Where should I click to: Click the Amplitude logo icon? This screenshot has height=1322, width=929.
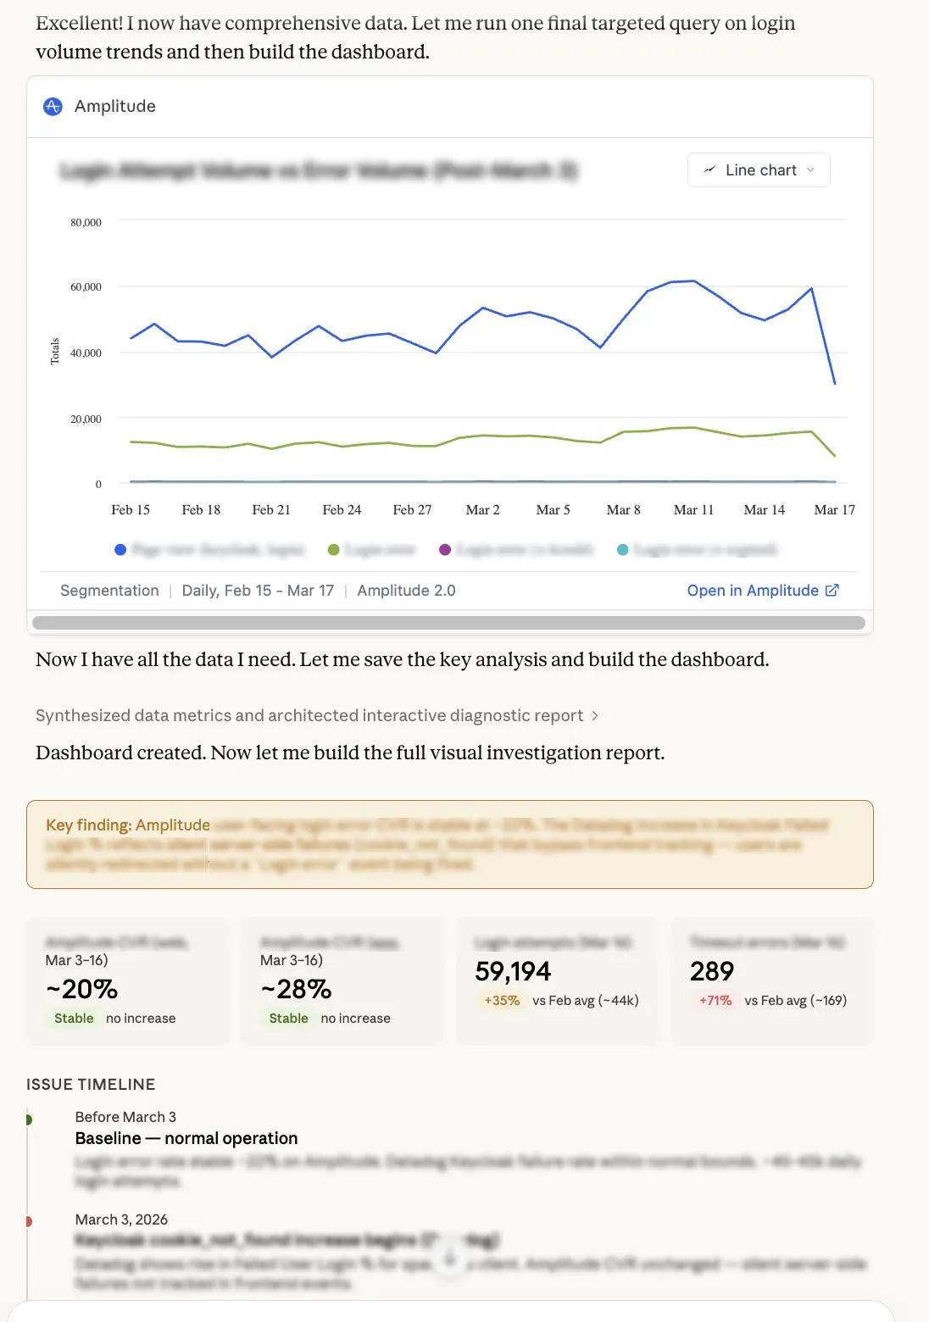[x=53, y=106]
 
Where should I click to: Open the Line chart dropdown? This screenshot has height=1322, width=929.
[x=759, y=170]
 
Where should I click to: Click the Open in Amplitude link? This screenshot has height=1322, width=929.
[x=762, y=591]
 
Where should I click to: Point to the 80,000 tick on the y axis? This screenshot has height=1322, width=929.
[x=86, y=223]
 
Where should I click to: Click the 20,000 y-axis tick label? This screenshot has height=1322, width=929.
[x=86, y=419]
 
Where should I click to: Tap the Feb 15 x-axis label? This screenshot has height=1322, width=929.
[x=131, y=510]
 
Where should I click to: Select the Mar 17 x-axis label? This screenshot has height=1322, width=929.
[x=834, y=510]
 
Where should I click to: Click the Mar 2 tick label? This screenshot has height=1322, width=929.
[x=482, y=510]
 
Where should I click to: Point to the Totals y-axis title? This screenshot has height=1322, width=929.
[x=55, y=352]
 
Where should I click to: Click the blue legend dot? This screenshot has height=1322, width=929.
[x=120, y=550]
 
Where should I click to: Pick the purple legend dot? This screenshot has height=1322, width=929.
[x=445, y=550]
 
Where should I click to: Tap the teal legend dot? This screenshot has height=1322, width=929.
[x=623, y=550]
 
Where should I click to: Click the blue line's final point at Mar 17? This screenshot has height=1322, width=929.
[x=835, y=383]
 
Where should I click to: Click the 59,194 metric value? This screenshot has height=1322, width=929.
[x=513, y=971]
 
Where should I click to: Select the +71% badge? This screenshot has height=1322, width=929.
[x=715, y=1001]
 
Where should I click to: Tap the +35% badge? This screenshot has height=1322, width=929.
[x=502, y=1001]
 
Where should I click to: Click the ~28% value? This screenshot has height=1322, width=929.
[x=296, y=989]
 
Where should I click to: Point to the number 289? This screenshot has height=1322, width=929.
[x=712, y=971]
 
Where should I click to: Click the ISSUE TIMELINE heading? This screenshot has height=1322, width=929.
[x=91, y=1085]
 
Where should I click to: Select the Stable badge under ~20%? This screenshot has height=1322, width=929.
[x=74, y=1019]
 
